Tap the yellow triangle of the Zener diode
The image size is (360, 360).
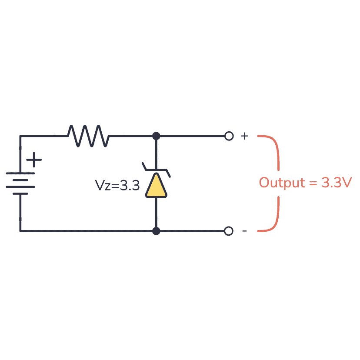(x=156, y=187)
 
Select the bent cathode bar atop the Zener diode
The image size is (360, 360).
(x=156, y=170)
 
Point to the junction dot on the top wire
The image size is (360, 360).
(x=156, y=136)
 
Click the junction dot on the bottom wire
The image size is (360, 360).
(x=156, y=231)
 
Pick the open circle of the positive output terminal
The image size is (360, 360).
(x=229, y=136)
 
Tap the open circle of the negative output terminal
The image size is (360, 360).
(x=229, y=231)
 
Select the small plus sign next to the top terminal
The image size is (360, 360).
(x=244, y=136)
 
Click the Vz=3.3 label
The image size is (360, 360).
(x=117, y=186)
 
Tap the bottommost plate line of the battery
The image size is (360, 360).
(x=20, y=193)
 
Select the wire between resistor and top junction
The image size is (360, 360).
(x=130, y=136)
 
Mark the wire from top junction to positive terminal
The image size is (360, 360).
(x=191, y=136)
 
